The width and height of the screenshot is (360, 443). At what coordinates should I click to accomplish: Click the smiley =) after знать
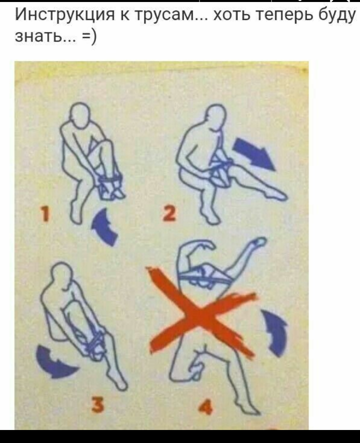click(89, 36)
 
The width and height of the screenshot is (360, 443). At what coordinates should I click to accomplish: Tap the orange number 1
click(45, 213)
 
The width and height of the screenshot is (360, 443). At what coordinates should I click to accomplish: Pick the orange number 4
click(205, 407)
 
